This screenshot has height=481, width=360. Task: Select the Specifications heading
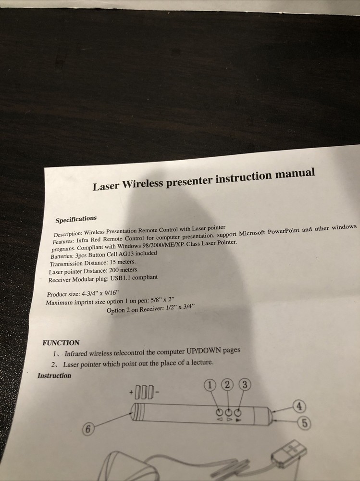[76, 220]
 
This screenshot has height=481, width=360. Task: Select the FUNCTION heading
[61, 343]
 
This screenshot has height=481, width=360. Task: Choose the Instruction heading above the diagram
[54, 376]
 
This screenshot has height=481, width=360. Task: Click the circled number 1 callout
[211, 385]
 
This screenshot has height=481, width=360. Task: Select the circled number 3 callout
[245, 384]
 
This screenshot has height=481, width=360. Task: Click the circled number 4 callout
[299, 406]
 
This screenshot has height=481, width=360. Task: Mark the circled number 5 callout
[304, 423]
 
